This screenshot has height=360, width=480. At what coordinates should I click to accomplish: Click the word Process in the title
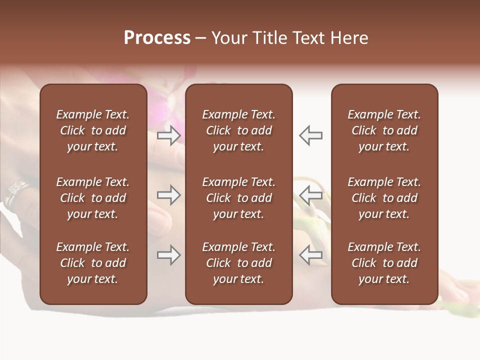[157, 38]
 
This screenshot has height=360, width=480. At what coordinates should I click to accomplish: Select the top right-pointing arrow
[168, 135]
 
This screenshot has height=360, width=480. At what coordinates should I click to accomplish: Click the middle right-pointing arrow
[168, 194]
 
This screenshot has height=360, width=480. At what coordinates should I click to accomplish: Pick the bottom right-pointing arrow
[168, 255]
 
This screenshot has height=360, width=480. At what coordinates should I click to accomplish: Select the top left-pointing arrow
[311, 135]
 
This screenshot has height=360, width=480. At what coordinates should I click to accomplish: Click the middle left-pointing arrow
[311, 194]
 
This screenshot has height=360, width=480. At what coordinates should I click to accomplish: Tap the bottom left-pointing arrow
[311, 255]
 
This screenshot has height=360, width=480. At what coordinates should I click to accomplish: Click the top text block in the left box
[93, 130]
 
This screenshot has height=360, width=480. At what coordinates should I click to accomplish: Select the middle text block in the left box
[93, 198]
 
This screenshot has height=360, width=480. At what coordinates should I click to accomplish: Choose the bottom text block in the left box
[93, 263]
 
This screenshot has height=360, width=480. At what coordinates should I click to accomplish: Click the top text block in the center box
[238, 130]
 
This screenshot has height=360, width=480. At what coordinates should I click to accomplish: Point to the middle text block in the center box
[238, 198]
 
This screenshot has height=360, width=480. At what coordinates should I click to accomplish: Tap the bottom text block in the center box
[238, 263]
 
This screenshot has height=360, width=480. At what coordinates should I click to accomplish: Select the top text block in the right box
[384, 130]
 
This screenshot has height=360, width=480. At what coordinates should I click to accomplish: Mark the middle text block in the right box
[384, 198]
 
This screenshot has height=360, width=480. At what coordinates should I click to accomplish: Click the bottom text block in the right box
[384, 263]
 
